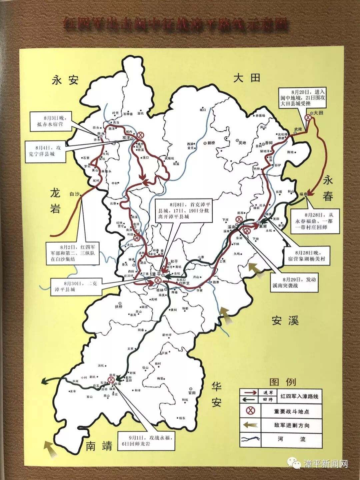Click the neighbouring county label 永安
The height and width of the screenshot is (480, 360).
point(65,80)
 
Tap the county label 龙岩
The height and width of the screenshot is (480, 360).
point(55,201)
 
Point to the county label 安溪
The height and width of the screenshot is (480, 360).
point(285,321)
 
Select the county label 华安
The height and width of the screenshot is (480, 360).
point(217,395)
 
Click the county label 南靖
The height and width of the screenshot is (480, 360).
point(99,446)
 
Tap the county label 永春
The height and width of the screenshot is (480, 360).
point(328,188)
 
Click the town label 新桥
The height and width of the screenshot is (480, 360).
point(211,143)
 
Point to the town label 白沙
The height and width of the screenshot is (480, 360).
point(74,194)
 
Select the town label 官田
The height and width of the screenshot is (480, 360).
point(192,393)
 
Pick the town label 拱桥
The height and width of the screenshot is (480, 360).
point(119,306)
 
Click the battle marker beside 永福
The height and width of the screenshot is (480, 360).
point(111,380)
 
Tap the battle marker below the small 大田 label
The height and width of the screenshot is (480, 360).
point(308,117)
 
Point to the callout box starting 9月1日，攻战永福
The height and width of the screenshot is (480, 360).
point(146,441)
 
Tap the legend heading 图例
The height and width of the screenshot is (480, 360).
point(283,382)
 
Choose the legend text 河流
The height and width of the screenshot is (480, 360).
point(292,439)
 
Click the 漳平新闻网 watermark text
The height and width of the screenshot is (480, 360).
point(326,464)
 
